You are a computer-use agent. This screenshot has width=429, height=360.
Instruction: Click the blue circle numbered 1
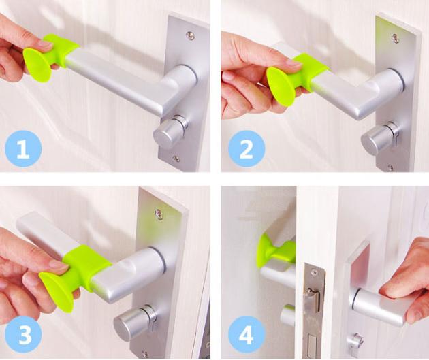coord(23,149)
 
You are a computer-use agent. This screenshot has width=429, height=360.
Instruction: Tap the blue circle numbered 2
coord(247,149)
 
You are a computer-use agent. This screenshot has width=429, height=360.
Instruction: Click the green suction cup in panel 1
coord(37,64)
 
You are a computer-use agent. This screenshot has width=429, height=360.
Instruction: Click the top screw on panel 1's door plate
coord(190,35)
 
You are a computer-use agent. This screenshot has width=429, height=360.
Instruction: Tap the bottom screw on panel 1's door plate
coord(177,159)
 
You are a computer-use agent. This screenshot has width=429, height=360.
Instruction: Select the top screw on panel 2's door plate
coord(395,38)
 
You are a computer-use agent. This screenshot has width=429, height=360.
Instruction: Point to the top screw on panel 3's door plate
coord(159,214)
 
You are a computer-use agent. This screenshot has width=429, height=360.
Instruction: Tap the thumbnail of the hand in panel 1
coord(44,43)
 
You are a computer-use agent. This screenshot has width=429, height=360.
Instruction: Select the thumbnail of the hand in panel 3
coord(59,264)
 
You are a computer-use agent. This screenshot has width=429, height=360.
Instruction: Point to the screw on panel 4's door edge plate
coord(315,272)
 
